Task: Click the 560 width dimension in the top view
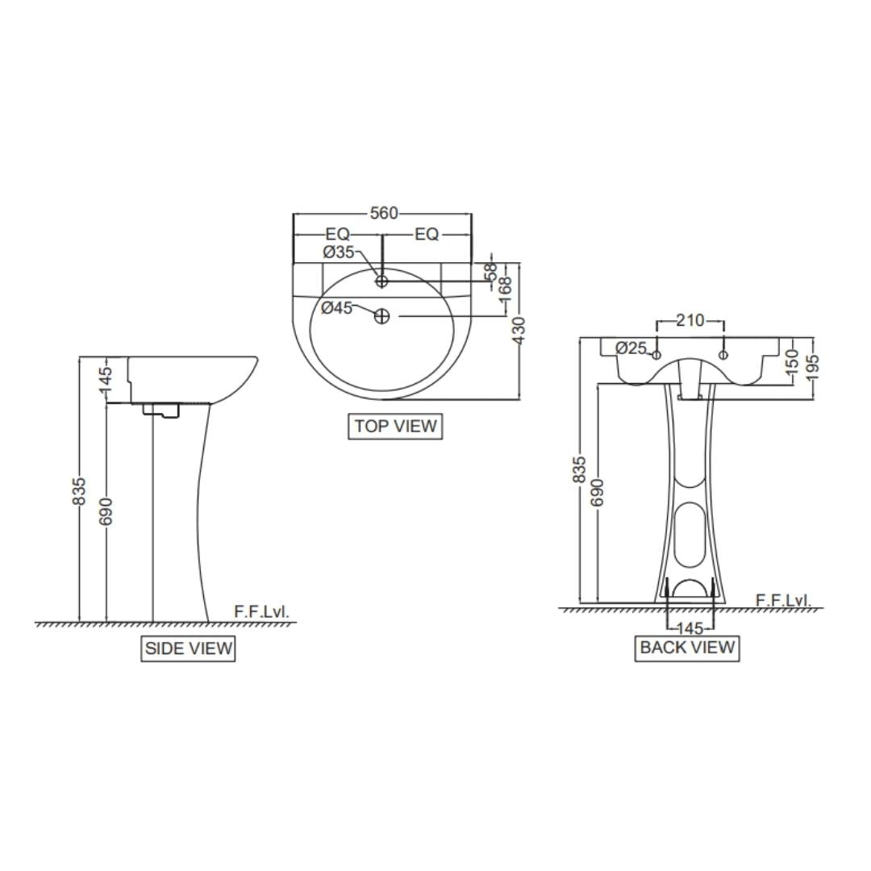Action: [x=384, y=214]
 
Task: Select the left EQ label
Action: [x=338, y=234]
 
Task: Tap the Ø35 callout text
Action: [x=339, y=252]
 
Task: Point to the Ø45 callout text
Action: [x=337, y=307]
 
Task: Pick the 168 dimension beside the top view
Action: [x=505, y=289]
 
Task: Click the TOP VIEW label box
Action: [x=395, y=427]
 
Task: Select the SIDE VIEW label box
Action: [x=188, y=648]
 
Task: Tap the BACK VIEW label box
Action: [x=687, y=648]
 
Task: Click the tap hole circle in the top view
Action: [x=382, y=281]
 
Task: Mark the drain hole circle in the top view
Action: [x=382, y=317]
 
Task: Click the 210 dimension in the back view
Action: [x=690, y=321]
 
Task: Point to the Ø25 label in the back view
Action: [x=631, y=348]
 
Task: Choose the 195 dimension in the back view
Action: [x=812, y=367]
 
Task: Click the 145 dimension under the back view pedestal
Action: [x=690, y=628]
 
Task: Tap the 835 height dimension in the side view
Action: [x=78, y=491]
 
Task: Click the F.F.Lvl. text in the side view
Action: [x=260, y=612]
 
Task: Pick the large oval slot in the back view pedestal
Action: [x=690, y=535]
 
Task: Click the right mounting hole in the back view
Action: [x=723, y=355]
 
